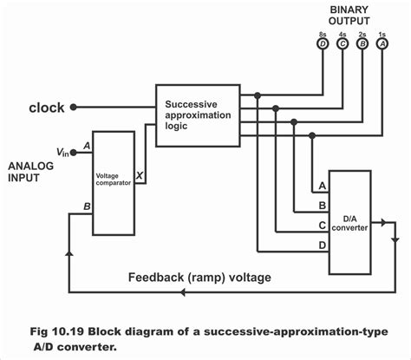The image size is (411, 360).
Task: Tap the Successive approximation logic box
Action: click(x=199, y=113)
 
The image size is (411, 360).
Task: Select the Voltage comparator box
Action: click(x=114, y=182)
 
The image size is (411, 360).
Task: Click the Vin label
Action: click(x=62, y=153)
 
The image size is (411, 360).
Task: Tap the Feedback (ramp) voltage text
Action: click(x=199, y=278)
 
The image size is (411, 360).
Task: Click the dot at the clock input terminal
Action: click(x=74, y=108)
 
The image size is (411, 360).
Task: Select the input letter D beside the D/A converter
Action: click(x=323, y=245)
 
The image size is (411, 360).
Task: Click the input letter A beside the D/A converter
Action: click(x=323, y=187)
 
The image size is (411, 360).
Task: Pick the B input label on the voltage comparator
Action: click(x=86, y=207)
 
